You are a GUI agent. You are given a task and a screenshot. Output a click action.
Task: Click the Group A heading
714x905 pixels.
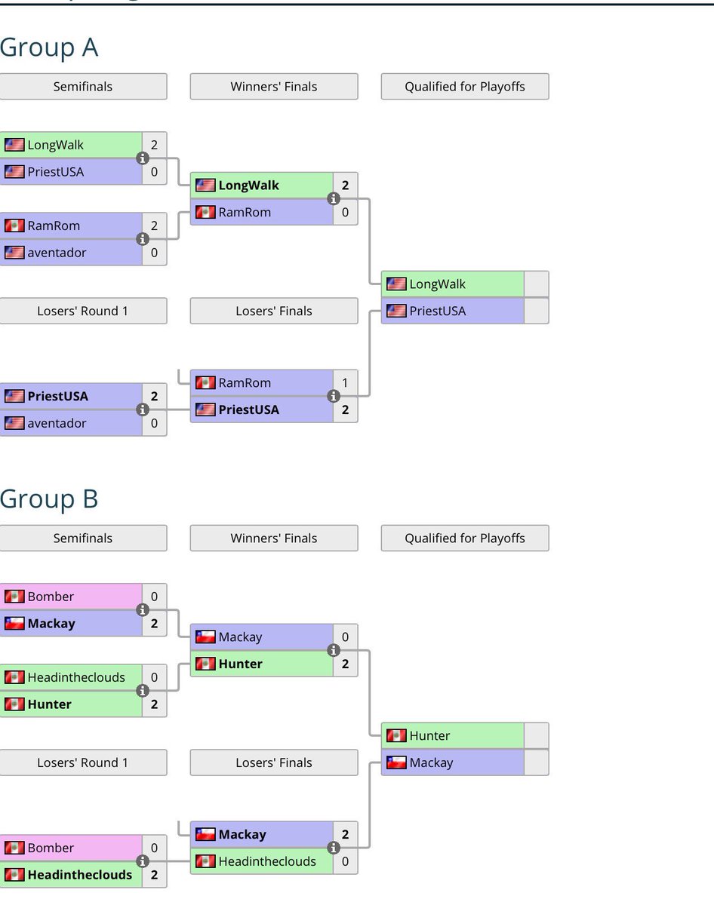49,48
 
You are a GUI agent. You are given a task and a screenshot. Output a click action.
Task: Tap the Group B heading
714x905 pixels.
49,499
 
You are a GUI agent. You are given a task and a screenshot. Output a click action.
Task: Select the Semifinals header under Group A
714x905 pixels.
83,87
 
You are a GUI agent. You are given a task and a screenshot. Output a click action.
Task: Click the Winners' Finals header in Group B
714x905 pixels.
274,538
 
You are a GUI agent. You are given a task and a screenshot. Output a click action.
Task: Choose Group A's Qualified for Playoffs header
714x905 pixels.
465,87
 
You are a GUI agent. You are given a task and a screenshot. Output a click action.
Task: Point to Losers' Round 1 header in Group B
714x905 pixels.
83,762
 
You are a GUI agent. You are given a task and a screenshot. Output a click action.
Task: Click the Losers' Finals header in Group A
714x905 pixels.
274,311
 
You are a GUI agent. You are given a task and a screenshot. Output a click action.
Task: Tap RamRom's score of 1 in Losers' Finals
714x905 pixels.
345,383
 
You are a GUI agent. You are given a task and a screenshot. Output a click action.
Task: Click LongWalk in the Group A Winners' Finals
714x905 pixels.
248,186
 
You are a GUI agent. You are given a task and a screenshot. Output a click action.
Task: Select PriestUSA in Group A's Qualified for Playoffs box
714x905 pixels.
437,311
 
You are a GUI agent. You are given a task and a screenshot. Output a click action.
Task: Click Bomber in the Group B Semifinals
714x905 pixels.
51,597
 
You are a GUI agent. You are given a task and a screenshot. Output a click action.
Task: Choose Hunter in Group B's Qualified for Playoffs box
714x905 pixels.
429,735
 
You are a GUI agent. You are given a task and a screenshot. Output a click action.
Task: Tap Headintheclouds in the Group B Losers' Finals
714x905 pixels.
267,861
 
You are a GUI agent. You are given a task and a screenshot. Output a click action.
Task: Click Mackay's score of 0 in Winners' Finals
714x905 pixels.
345,637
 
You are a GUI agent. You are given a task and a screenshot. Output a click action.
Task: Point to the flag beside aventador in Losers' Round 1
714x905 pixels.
14,423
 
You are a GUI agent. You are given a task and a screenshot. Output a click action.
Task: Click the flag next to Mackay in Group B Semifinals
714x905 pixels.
14,624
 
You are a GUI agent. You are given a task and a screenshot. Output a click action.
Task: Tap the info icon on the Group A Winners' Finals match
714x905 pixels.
333,199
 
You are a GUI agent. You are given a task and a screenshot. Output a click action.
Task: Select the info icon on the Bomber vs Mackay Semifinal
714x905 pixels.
142,610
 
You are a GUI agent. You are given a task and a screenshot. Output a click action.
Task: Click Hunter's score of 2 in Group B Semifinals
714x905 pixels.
154,704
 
